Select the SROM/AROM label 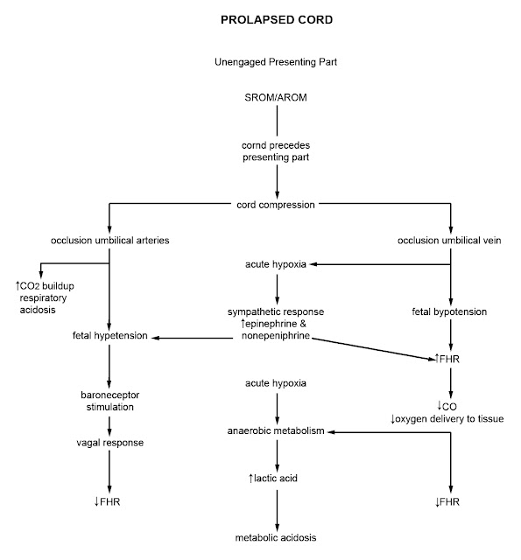pyautogui.click(x=277, y=96)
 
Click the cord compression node pyautogui.click(x=277, y=205)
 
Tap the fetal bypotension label pyautogui.click(x=450, y=311)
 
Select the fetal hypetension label pyautogui.click(x=109, y=336)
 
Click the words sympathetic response pyautogui.click(x=277, y=311)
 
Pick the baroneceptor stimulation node pyautogui.click(x=109, y=400)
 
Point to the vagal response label pyautogui.click(x=109, y=443)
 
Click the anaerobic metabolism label pyautogui.click(x=277, y=431)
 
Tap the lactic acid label pyautogui.click(x=277, y=479)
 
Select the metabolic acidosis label pyautogui.click(x=277, y=537)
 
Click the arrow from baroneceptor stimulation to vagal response pyautogui.click(x=109, y=423)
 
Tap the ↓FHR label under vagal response pyautogui.click(x=109, y=501)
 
